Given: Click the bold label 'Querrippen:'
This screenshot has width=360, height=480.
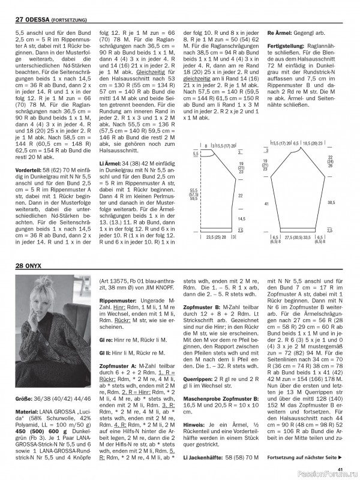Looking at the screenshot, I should (x=199, y=379).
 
